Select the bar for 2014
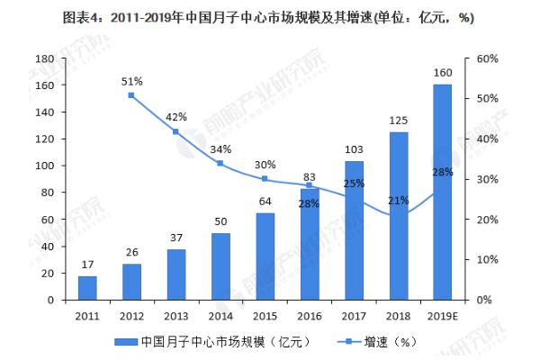[220, 265]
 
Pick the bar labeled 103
[354, 229]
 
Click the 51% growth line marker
[131, 95]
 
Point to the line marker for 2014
[220, 163]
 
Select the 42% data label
[176, 117]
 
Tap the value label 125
[398, 120]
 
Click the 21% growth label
[398, 200]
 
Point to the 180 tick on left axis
[42, 58]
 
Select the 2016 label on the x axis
[309, 316]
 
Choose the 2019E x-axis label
[442, 316]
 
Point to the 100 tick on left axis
[42, 166]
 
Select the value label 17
[87, 264]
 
